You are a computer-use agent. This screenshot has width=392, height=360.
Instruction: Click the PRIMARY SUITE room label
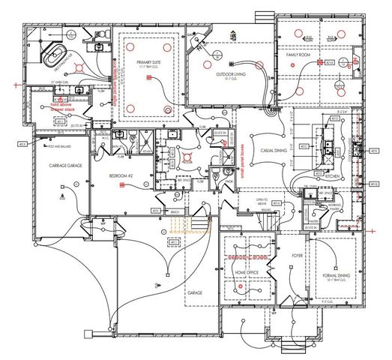point(150,63)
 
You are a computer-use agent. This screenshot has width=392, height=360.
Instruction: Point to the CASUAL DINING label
point(265,150)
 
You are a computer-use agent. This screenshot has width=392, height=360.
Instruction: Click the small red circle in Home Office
point(239,286)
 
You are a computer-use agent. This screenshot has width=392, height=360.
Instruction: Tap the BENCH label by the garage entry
point(174,212)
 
